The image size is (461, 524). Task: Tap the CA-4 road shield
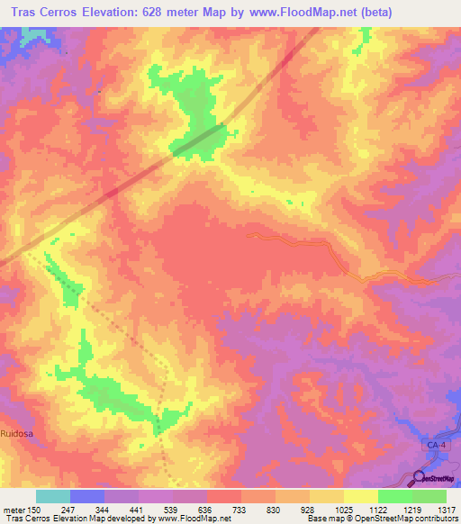click(x=436, y=446)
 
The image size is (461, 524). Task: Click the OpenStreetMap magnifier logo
click(x=420, y=478)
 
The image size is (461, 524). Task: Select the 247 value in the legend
click(x=69, y=510)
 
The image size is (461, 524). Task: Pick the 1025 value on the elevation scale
click(x=343, y=510)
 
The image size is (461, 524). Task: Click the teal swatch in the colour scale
click(x=52, y=496)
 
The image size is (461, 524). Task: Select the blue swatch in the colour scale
click(x=86, y=496)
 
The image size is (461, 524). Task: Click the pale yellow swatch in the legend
click(x=360, y=496)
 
